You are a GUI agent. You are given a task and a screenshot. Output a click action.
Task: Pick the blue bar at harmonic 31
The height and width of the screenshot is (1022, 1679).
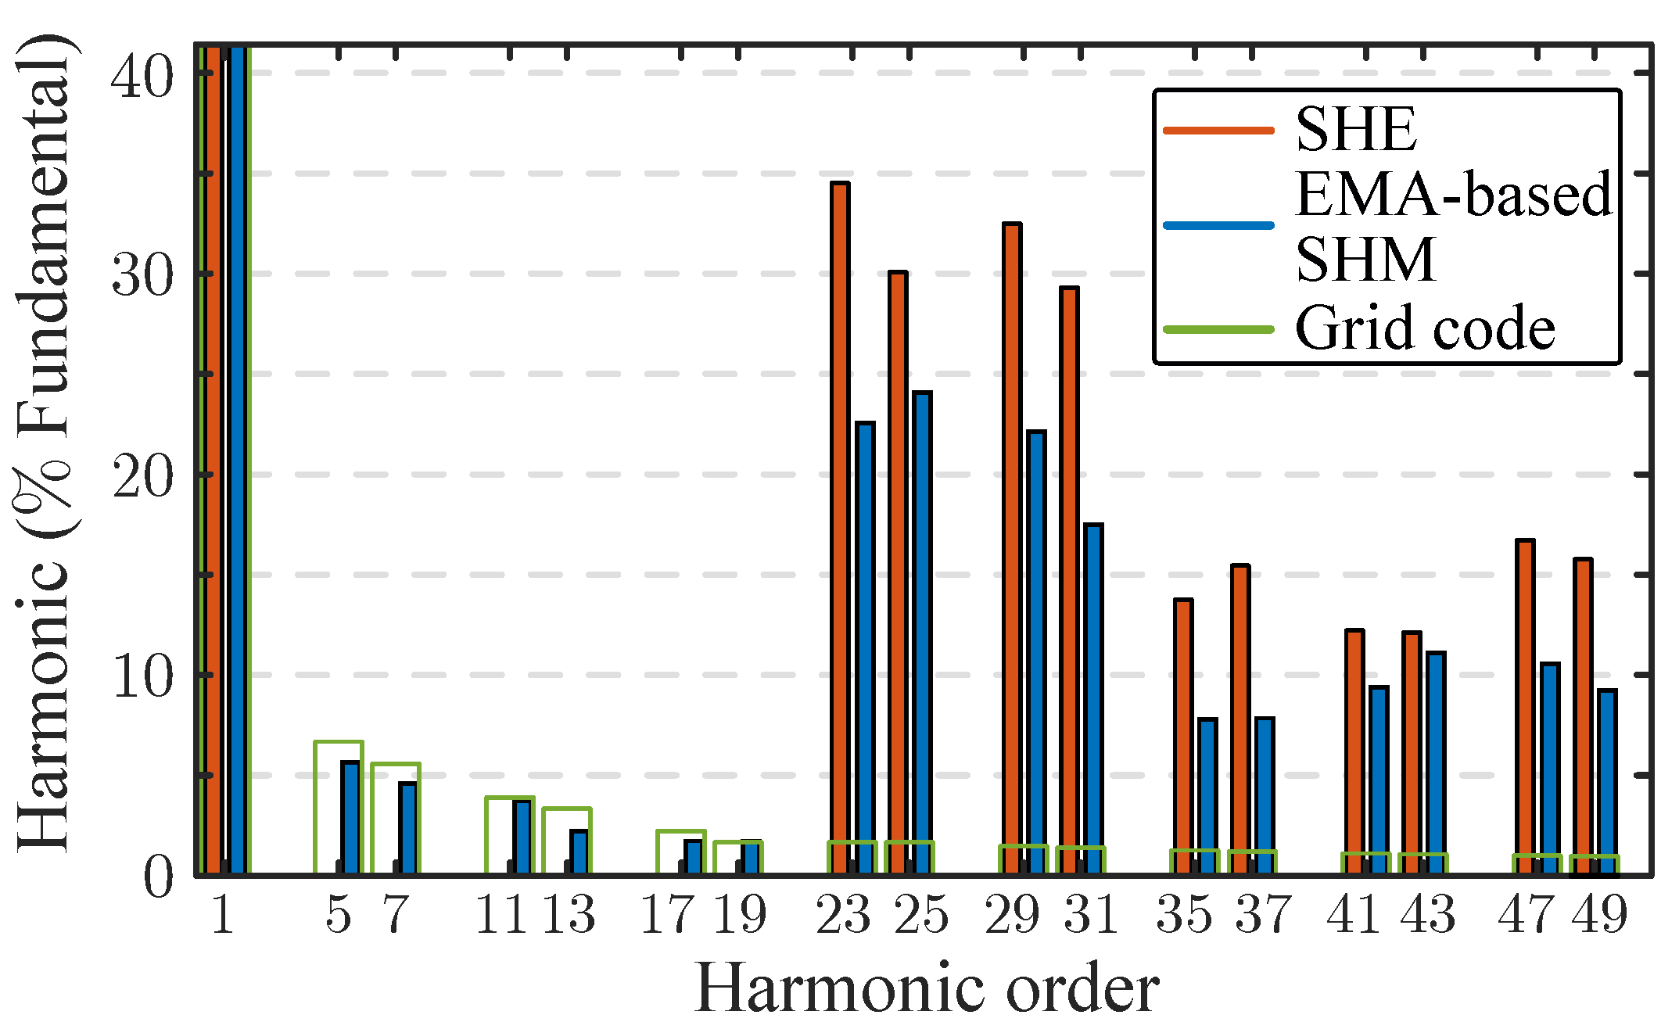pos(1093,696)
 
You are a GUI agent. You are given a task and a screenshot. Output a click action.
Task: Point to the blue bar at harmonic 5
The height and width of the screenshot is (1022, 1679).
pos(350,817)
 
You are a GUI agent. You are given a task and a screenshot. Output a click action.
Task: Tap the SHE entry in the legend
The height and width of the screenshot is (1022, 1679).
pos(1356,130)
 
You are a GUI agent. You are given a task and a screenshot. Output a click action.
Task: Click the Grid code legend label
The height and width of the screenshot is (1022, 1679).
pos(1425,328)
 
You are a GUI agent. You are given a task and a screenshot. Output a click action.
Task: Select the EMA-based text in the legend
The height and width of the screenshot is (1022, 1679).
pos(1453,194)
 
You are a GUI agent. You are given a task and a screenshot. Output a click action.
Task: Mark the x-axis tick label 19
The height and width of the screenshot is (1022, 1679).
pos(739,914)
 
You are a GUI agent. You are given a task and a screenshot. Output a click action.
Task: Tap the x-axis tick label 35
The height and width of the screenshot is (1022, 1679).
pos(1183,914)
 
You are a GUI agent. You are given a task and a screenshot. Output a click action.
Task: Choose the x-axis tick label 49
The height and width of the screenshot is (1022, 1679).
pos(1599,914)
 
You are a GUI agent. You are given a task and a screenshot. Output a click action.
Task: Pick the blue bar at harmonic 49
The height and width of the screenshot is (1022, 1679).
pos(1607,782)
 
